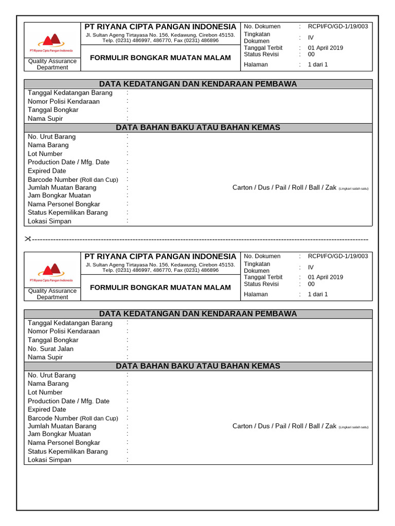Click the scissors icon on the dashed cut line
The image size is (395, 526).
tap(28, 239)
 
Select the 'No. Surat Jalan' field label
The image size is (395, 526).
tap(50, 349)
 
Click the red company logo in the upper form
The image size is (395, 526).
tap(51, 41)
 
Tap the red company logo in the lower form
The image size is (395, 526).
tap(51, 270)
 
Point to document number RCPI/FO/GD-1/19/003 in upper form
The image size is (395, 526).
tap(337, 27)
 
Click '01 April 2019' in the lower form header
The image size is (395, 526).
tap(325, 277)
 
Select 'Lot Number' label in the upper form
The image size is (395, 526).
tap(45, 154)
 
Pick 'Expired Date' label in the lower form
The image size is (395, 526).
tap(47, 409)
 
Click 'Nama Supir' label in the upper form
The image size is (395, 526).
tap(45, 119)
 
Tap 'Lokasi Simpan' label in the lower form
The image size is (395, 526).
tap(49, 460)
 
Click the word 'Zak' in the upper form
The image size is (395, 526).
tap(331, 187)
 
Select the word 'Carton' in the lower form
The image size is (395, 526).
tap(242, 426)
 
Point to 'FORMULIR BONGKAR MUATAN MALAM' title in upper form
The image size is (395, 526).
tap(160, 58)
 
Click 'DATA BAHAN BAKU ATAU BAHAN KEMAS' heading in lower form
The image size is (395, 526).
tap(198, 366)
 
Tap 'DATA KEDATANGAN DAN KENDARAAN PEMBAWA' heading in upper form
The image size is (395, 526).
tap(198, 84)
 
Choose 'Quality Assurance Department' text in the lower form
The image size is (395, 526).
tap(52, 294)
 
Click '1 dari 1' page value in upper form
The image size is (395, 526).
tap(318, 65)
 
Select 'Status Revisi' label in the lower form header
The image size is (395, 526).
tap(261, 284)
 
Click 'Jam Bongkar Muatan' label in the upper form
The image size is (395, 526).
tap(59, 195)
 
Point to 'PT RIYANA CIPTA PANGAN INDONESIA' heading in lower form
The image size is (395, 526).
tap(160, 256)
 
